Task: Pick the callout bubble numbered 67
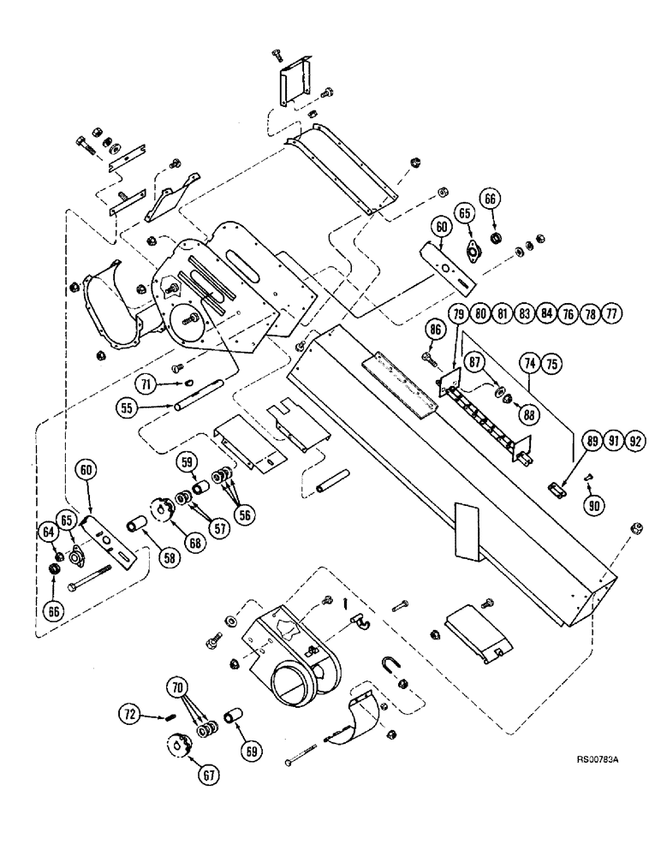pos(209,775)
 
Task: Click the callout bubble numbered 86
pos(435,328)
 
